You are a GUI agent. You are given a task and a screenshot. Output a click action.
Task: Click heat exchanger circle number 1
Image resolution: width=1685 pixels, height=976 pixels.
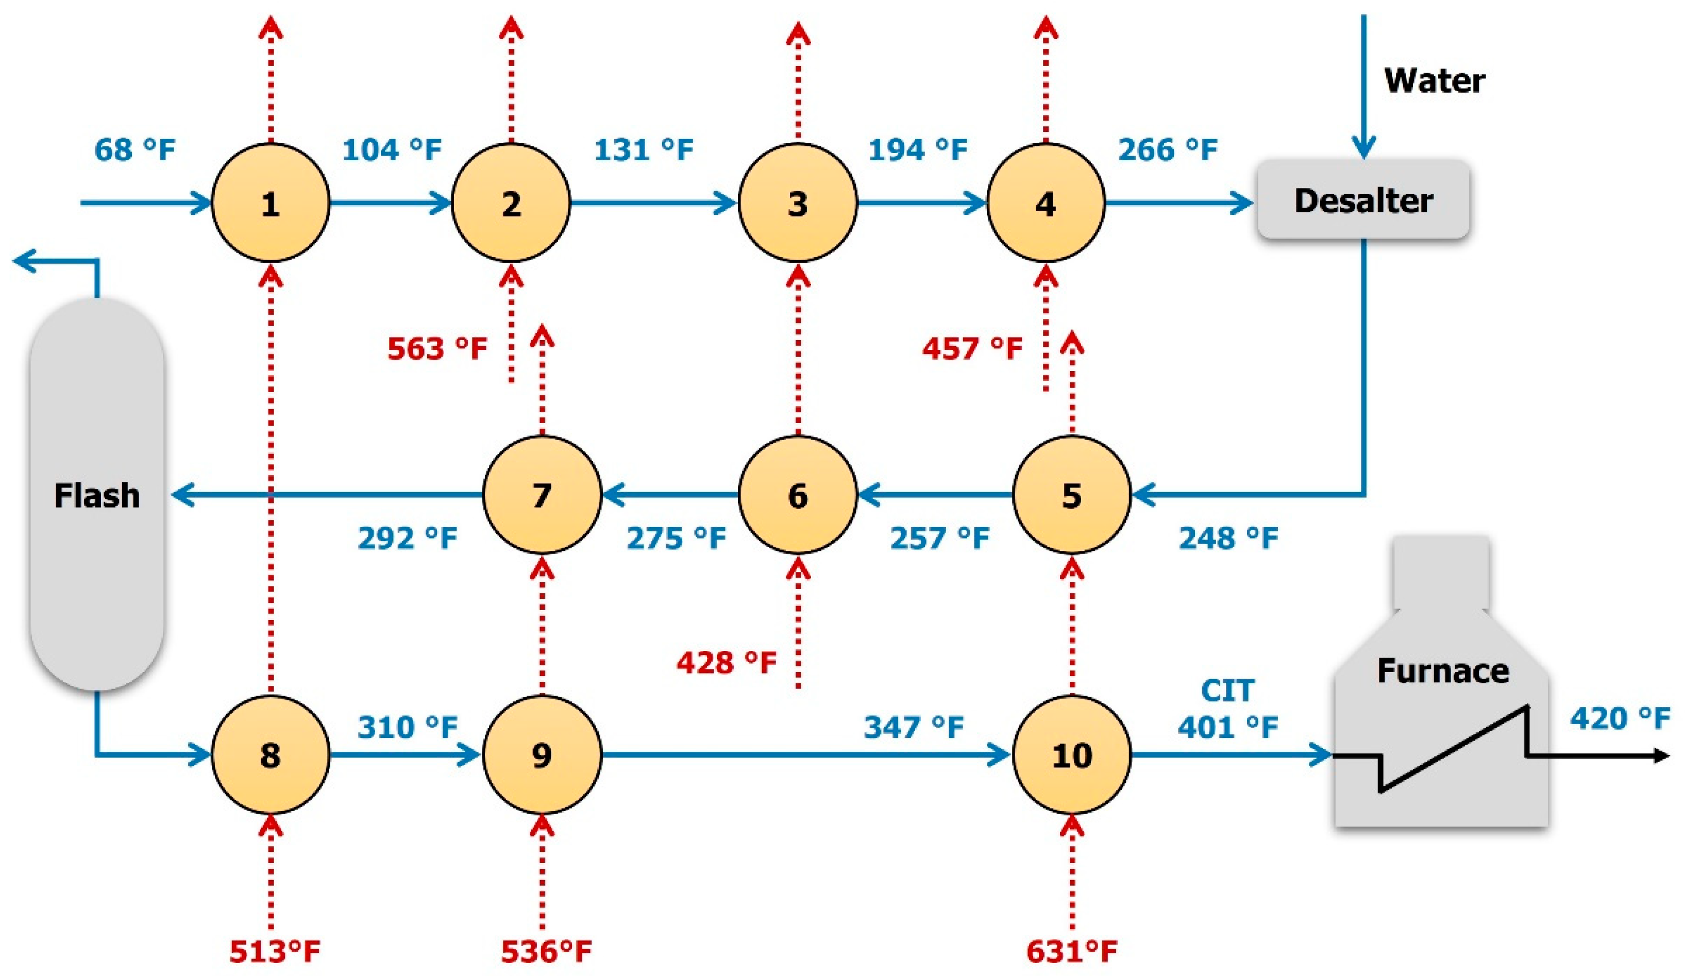pyautogui.click(x=270, y=203)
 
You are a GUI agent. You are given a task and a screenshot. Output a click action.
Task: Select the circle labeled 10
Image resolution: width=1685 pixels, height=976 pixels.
pyautogui.click(x=1072, y=755)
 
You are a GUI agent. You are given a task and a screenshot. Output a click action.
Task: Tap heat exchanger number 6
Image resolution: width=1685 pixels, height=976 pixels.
pyautogui.click(x=797, y=495)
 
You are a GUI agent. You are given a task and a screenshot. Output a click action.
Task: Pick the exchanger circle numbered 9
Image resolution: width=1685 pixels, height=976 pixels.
pyautogui.click(x=542, y=755)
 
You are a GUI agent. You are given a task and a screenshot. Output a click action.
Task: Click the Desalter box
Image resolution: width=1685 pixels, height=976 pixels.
pyautogui.click(x=1363, y=200)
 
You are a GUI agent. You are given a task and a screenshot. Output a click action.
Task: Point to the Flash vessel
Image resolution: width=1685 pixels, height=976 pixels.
pyautogui.click(x=97, y=495)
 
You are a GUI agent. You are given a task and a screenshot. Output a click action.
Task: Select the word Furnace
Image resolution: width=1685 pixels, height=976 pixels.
pyautogui.click(x=1443, y=670)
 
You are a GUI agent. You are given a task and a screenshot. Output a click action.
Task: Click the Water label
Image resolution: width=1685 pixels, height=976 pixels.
pyautogui.click(x=1434, y=81)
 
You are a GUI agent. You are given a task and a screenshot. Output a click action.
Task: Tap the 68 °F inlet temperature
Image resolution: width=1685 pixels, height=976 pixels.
pyautogui.click(x=134, y=150)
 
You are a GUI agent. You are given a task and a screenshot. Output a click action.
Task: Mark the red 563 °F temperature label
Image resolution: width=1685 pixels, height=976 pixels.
pyautogui.click(x=437, y=348)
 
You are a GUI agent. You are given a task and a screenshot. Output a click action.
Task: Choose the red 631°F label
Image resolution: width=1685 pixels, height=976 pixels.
pyautogui.click(x=1072, y=951)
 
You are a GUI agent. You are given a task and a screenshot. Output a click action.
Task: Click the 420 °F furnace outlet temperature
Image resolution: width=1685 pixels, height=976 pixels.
pyautogui.click(x=1620, y=719)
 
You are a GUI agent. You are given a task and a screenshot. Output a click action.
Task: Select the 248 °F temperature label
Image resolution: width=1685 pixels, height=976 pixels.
pyautogui.click(x=1228, y=537)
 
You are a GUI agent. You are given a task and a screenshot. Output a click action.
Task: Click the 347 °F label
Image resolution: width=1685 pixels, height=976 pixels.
pyautogui.click(x=914, y=727)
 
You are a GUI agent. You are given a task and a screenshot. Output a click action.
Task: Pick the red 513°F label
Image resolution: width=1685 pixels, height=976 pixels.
pyautogui.click(x=275, y=951)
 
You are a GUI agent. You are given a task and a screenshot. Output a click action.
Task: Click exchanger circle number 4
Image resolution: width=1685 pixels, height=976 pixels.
pyautogui.click(x=1046, y=203)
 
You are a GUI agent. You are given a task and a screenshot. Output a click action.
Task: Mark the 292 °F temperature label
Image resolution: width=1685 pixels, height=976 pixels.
pyautogui.click(x=407, y=537)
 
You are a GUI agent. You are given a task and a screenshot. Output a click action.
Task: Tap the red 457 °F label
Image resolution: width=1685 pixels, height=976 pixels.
pyautogui.click(x=972, y=348)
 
